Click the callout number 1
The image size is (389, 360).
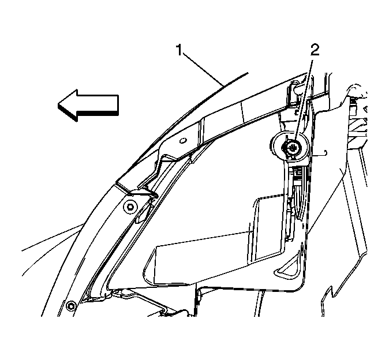179,50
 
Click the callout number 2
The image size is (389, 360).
314,50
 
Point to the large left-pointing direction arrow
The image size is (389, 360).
88,106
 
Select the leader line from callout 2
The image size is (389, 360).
303,102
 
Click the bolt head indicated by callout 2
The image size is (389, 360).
292,148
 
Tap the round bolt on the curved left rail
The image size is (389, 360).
130,207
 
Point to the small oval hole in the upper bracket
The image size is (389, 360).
183,141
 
